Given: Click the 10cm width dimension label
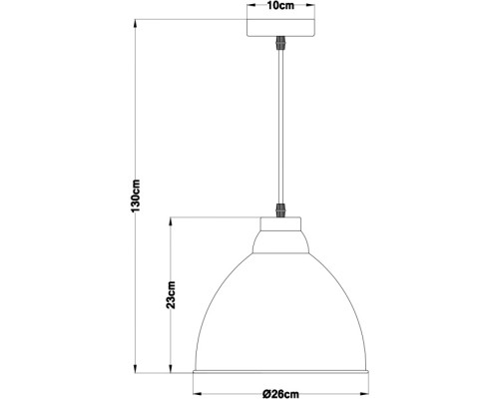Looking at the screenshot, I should pos(279,7).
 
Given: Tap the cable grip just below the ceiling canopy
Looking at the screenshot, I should pos(279,46).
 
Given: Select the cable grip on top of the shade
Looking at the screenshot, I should pos(279,211).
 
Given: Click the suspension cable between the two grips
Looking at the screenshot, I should pos(279,130).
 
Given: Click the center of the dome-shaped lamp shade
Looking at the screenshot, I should pos(279,309).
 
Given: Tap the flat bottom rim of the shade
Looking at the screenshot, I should pos(279,374).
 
